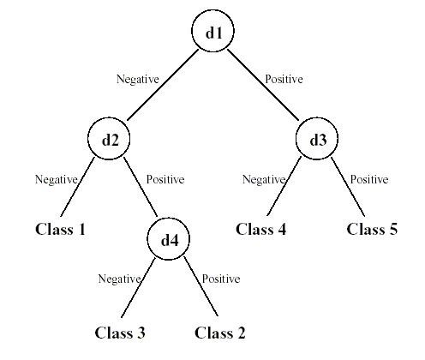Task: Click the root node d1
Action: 212,33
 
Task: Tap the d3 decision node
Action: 317,139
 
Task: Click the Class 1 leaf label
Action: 61,229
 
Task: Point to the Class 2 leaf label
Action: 221,333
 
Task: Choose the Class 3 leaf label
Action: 120,333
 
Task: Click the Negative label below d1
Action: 138,80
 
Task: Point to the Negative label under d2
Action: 56,180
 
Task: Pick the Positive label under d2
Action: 165,180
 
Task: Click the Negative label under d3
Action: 263,180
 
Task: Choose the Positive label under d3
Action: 368,180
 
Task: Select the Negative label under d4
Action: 119,279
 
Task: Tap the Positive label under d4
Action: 221,279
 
